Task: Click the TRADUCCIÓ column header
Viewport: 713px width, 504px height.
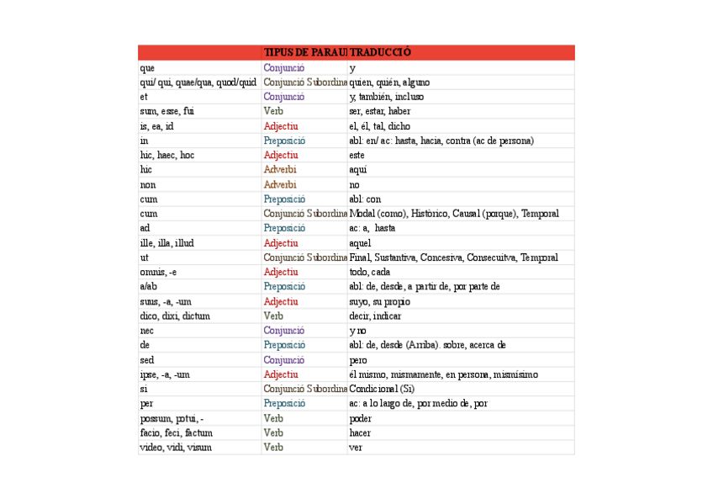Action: point(381,53)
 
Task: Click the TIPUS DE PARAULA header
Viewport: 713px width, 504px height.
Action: point(304,53)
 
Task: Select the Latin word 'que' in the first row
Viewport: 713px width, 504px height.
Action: point(148,68)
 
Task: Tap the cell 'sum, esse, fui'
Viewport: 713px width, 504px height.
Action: point(167,111)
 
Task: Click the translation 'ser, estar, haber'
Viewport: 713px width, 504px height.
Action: point(379,111)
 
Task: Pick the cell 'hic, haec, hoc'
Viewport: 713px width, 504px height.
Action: point(167,156)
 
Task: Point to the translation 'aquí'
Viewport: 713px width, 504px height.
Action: point(357,170)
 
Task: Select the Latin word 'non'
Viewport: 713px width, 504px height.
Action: point(149,184)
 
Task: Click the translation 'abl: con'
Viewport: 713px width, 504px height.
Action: point(365,199)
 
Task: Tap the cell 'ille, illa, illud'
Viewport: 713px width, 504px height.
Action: point(167,243)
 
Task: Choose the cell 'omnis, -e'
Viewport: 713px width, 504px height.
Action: point(159,273)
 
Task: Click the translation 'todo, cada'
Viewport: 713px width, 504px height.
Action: point(369,273)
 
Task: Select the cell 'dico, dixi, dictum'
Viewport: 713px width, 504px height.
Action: point(175,316)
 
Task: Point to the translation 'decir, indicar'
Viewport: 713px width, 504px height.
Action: point(375,316)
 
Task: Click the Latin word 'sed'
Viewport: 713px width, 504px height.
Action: point(147,360)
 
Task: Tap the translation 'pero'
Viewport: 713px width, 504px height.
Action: point(358,360)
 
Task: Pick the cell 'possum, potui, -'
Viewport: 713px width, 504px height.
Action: point(172,418)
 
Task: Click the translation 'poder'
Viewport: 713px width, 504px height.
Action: point(360,418)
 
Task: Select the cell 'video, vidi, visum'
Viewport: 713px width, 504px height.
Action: point(176,448)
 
